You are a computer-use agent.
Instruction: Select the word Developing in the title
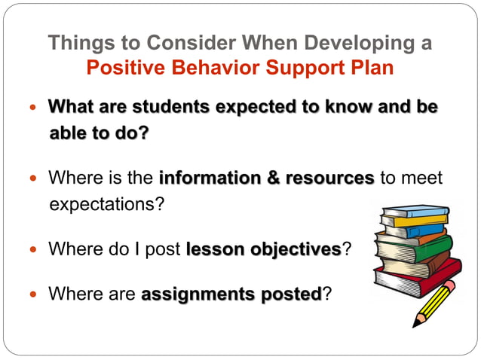click(x=342, y=43)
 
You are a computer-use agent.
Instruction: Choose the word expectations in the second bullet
click(x=106, y=206)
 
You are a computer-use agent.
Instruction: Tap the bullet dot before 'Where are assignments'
click(x=32, y=294)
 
